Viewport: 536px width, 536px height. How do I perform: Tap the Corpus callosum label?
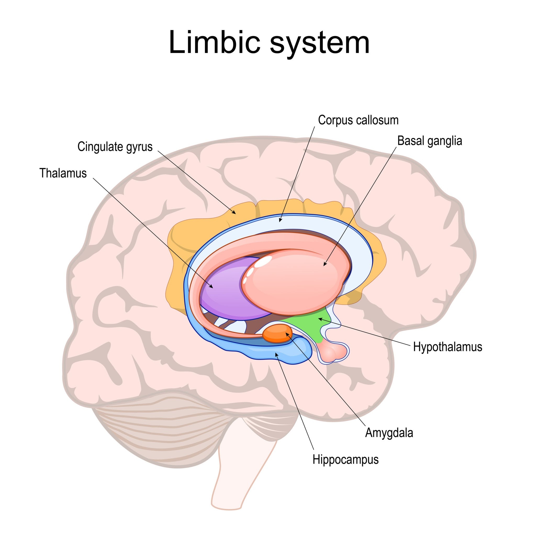coord(358,120)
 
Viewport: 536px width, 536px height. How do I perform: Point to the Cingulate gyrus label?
coord(115,147)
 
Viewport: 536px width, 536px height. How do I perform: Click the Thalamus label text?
coord(63,173)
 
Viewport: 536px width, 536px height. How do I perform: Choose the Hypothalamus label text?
coord(448,347)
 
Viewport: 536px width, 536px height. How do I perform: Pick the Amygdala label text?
coord(389,433)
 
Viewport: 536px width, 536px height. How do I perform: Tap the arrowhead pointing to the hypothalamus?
coord(320,319)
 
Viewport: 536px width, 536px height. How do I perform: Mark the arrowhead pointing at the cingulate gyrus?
coord(234,213)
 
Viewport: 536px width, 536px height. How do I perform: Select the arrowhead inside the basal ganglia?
coord(324,265)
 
